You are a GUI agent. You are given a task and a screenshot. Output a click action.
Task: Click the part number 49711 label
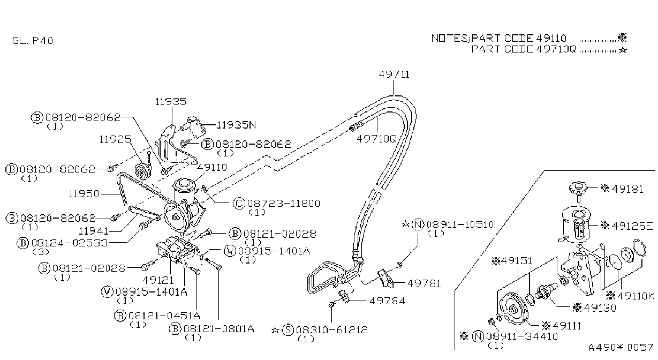[394, 74]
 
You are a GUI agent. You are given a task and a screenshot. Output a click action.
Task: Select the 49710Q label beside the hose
[376, 138]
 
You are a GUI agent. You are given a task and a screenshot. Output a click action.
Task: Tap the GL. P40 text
[33, 40]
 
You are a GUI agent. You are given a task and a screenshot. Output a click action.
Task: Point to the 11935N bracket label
[236, 125]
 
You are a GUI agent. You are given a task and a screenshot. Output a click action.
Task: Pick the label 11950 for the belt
[84, 194]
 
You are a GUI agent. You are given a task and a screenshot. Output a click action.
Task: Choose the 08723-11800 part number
[283, 204]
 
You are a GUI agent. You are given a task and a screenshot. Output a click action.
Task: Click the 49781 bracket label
[424, 283]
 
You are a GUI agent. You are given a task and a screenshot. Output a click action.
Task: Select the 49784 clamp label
[387, 301]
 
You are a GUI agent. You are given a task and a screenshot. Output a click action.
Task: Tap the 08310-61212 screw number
[331, 329]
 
